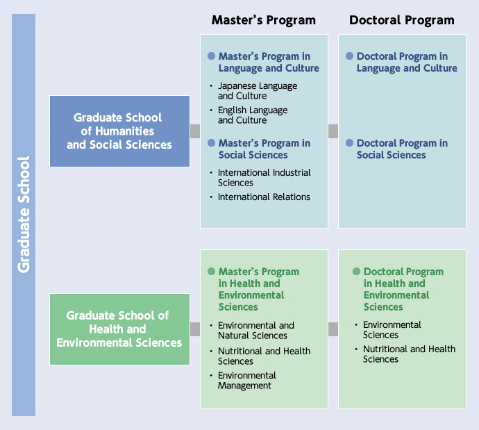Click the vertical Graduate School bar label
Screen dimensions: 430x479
point(24,214)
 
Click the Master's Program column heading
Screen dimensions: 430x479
point(263,20)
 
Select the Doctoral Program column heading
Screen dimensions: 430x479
point(401,20)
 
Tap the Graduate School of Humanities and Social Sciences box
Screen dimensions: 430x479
point(119,131)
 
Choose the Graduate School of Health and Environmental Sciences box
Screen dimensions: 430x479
point(119,329)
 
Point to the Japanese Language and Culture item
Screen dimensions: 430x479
point(258,91)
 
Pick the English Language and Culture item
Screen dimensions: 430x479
point(253,115)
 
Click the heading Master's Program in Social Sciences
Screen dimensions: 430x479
point(264,149)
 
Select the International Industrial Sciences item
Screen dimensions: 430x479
point(264,177)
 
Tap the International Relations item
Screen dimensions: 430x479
point(264,197)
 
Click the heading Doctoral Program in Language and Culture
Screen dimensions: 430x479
point(407,63)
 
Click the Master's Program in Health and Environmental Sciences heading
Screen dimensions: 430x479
point(258,289)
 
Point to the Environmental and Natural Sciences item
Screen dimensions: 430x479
point(256,331)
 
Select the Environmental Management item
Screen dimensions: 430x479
point(247,381)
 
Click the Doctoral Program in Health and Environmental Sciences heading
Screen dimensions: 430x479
point(403,289)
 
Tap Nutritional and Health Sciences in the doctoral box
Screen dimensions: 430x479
point(409,354)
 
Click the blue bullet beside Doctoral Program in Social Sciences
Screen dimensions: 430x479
point(350,143)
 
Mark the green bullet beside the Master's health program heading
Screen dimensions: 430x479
point(212,272)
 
